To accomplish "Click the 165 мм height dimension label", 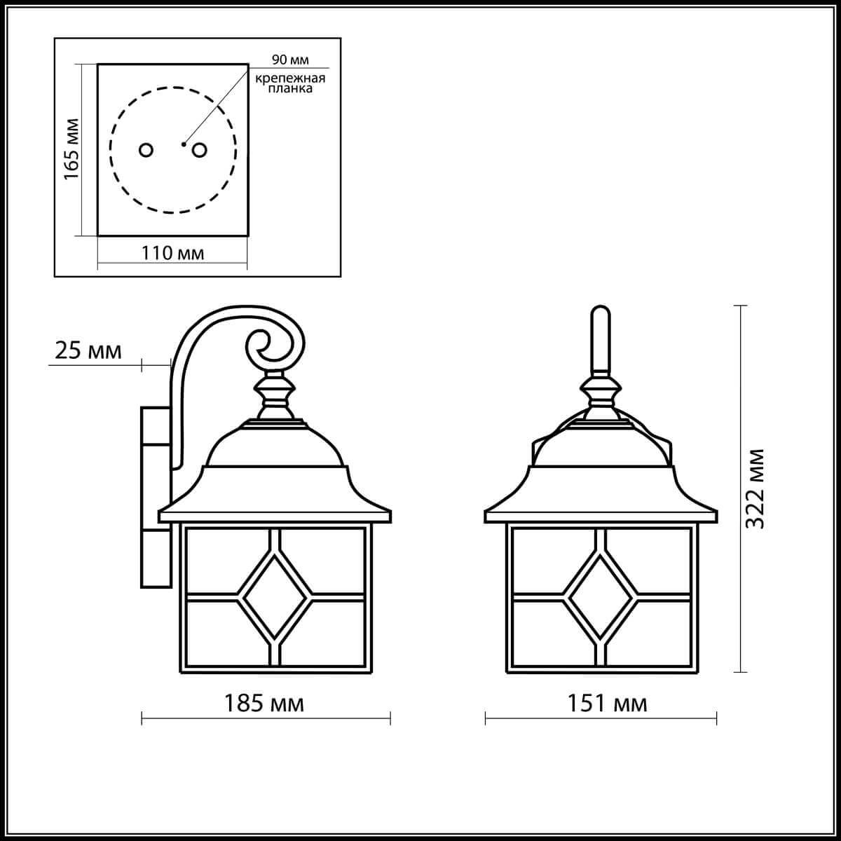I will [71, 149].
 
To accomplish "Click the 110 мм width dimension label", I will [173, 252].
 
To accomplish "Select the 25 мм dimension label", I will [88, 350].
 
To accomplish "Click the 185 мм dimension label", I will [264, 703].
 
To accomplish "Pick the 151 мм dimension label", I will [607, 703].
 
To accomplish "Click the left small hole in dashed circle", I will [146, 150].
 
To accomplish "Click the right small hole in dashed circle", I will [200, 150].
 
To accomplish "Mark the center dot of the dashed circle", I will [183, 144].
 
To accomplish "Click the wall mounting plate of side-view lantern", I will [154, 498].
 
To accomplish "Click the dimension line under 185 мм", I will [266, 718].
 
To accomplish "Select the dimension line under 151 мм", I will [601, 718].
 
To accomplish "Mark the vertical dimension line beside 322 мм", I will [740, 488].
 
